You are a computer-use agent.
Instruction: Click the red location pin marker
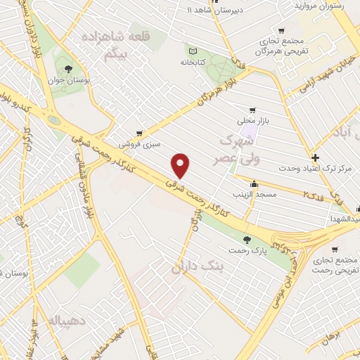pos(181,165)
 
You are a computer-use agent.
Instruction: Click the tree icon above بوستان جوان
pos(68,69)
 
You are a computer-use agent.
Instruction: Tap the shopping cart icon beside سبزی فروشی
pos(139,132)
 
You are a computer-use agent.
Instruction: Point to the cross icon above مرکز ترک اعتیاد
pos(316,157)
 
